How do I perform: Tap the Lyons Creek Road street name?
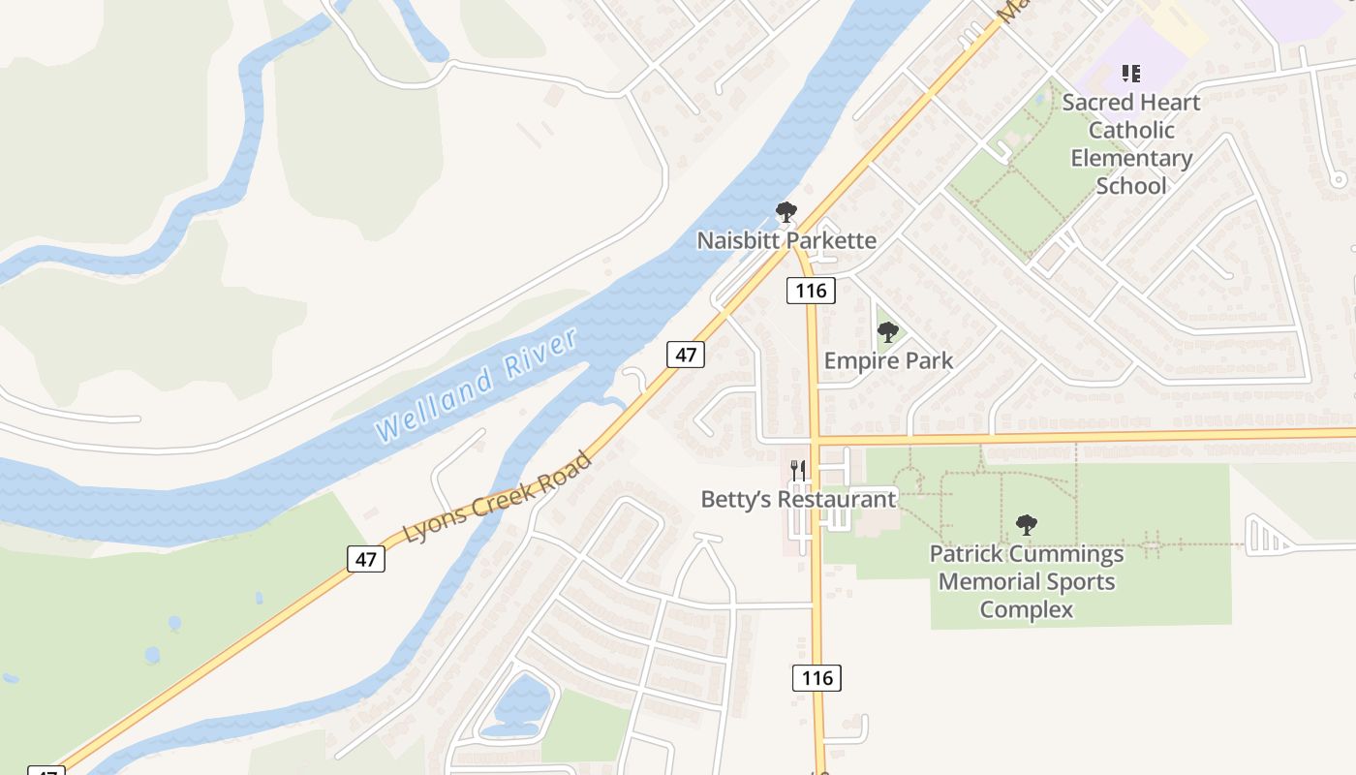coord(497,497)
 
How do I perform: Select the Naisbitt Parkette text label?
coord(786,240)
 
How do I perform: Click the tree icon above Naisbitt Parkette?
coord(786,212)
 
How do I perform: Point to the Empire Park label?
coord(888,360)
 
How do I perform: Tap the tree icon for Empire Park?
coord(887,333)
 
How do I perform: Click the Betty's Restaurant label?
coord(798,499)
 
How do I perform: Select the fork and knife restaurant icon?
coord(798,471)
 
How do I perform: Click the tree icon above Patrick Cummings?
coord(1027,526)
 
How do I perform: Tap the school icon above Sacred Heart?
coord(1130,74)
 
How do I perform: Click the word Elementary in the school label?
coord(1130,158)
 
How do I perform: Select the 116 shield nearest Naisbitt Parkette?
coord(811,290)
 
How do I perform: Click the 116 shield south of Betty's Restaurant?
coord(817,678)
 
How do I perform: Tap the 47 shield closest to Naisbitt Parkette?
coord(686,355)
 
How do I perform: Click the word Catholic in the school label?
coord(1130,130)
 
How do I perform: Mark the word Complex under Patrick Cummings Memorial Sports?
coord(1027,609)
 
